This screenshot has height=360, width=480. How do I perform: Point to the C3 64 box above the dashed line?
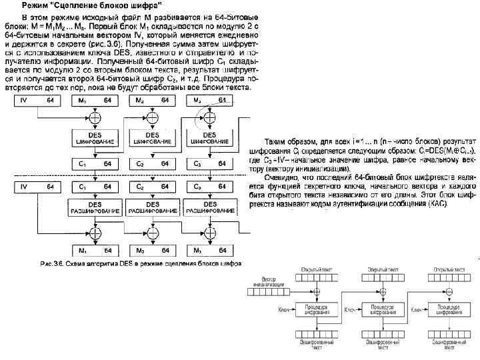point(210,163)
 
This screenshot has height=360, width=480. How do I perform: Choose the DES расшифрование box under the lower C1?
point(94,207)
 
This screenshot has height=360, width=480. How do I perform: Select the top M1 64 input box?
point(94,100)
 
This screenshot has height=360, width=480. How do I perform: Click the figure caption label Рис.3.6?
point(51,265)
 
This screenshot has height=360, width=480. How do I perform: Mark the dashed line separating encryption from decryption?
point(127,175)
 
